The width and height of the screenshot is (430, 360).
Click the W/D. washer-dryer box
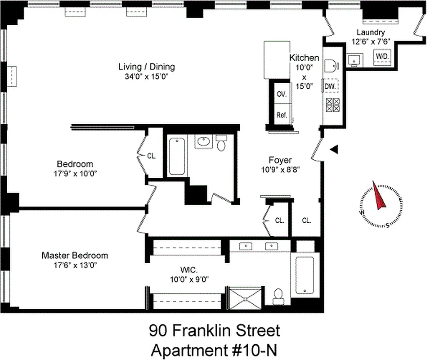pos(382,56)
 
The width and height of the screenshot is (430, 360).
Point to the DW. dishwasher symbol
pos(330,86)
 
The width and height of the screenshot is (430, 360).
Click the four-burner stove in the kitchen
pos(332,105)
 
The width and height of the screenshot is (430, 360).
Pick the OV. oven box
pos(282,94)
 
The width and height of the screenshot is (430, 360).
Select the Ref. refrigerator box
pos(282,115)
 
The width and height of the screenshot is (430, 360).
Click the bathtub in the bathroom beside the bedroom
pos(177,156)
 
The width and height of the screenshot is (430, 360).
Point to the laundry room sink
pos(354,59)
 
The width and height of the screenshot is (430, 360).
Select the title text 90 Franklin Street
pos(214,331)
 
